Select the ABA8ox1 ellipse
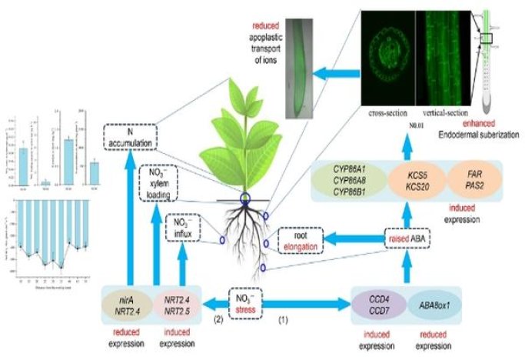(x=433, y=300)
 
